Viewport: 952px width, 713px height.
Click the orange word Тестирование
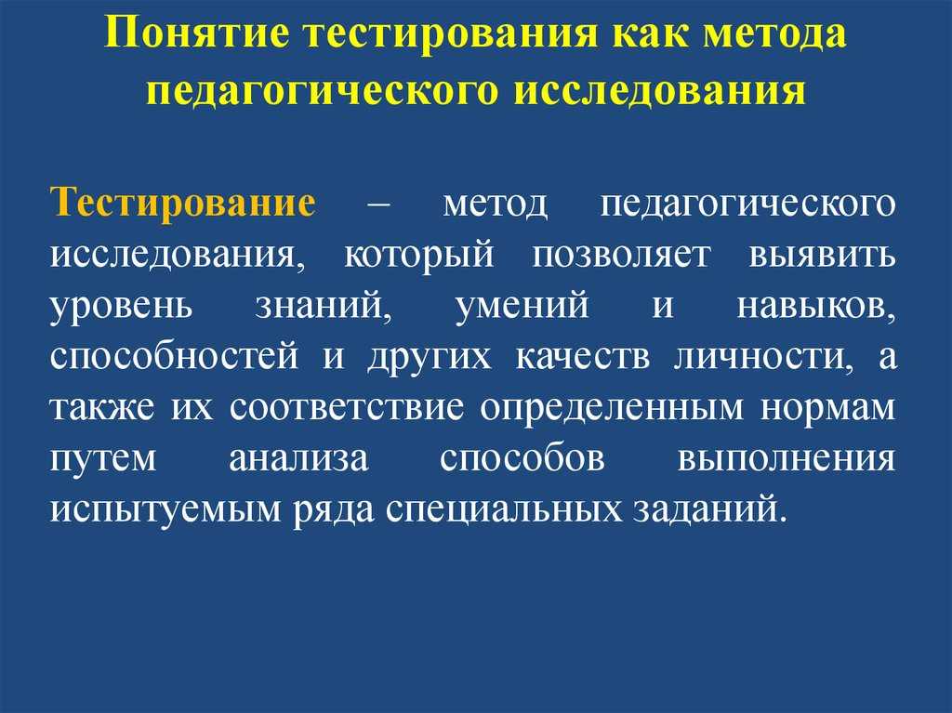(183, 203)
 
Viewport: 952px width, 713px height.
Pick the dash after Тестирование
(379, 205)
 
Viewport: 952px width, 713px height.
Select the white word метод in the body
(496, 205)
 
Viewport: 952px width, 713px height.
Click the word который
(418, 254)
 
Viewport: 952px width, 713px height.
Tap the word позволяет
(621, 256)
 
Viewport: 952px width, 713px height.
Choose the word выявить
(822, 256)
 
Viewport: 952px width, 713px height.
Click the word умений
(522, 307)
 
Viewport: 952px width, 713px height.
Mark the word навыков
(816, 307)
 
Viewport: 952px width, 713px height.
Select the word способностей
(174, 357)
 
